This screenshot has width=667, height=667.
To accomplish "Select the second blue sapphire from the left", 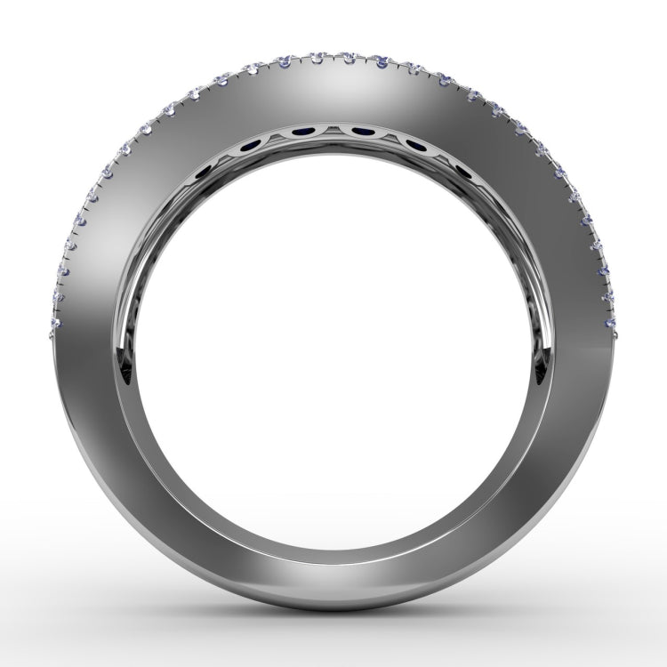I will click(253, 142).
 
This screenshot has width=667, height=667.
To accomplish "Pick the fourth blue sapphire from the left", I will click(362, 133).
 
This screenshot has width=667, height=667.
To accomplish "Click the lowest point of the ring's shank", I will click(333, 612).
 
